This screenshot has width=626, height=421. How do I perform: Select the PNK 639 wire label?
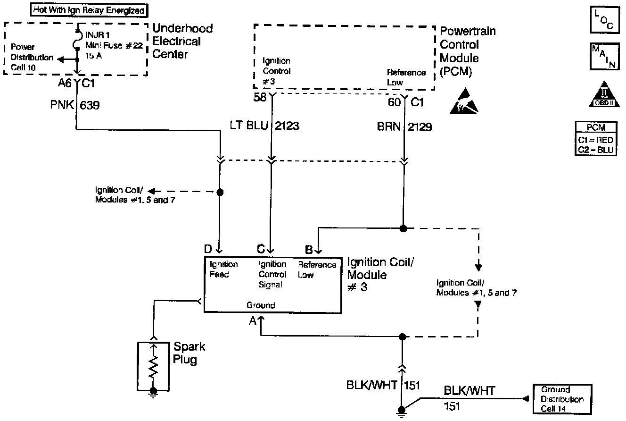point(76,105)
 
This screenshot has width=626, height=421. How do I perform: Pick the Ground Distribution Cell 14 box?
point(562,399)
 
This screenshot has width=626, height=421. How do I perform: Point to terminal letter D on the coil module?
point(208,249)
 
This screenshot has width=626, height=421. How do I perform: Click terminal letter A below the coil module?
point(253,321)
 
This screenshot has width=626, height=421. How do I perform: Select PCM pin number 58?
point(260,97)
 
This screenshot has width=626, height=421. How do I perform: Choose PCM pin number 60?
point(393,101)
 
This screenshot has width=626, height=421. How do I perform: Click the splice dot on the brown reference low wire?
point(403,228)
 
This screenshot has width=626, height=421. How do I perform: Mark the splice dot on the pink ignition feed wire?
point(219,192)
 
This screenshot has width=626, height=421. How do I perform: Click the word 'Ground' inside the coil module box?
point(261,305)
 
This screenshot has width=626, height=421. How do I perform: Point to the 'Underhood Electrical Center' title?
point(182,41)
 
